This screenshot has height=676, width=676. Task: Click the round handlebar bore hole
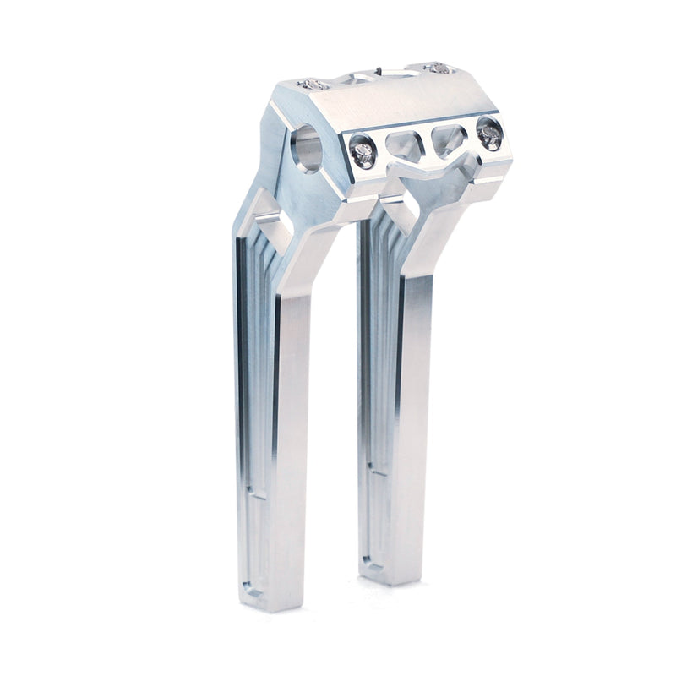coord(307,148)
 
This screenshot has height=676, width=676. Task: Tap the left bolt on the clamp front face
coord(363,152)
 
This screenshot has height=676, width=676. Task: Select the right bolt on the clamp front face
coord(488,133)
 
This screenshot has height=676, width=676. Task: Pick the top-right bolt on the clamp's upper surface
coord(436,68)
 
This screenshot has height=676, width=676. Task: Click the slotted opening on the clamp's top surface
coord(372,79)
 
